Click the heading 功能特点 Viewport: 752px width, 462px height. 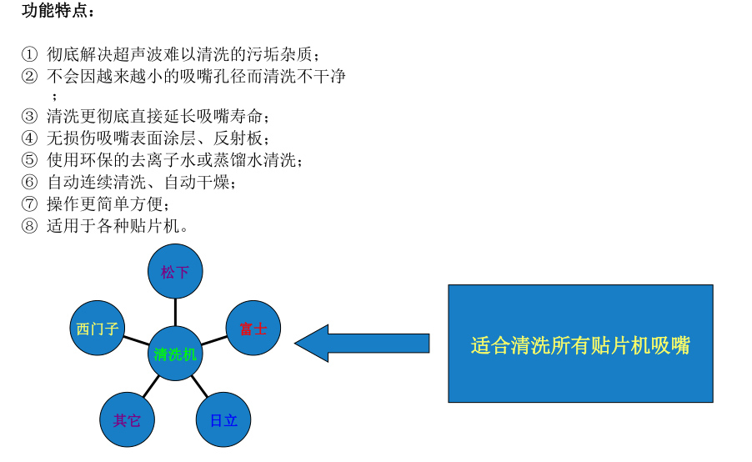tap(58, 12)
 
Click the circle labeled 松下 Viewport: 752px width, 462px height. tap(175, 271)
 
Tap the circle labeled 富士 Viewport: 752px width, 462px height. tap(253, 328)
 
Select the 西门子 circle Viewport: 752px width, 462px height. tap(98, 328)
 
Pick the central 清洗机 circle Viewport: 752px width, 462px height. tap(175, 354)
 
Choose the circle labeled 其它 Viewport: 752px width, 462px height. tap(127, 419)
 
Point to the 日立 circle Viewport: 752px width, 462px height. tap(223, 419)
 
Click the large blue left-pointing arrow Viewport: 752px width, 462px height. tap(362, 344)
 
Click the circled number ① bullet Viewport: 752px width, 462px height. tap(30, 55)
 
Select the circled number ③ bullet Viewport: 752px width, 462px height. tap(30, 117)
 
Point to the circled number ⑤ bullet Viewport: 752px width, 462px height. tap(30, 160)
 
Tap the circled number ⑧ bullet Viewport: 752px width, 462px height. tap(30, 225)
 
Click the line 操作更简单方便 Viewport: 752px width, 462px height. tap(108, 203)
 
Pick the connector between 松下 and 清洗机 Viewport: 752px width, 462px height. tap(175, 312)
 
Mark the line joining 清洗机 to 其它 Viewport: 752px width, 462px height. tap(150, 386)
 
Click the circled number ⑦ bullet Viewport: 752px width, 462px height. tap(30, 203)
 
